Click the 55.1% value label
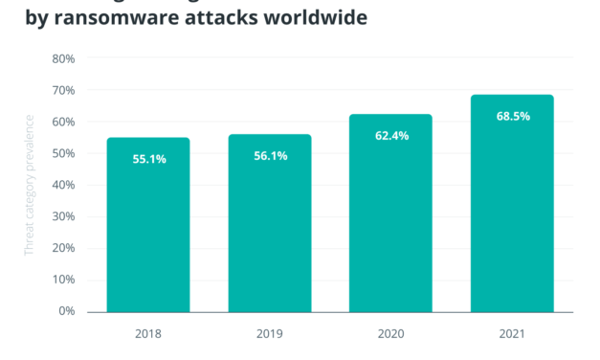pos(148,159)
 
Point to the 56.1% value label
pos(270,156)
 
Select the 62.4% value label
pos(390,136)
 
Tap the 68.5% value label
pos(512,117)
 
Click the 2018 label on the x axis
pos(148,335)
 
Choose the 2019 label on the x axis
pos(270,335)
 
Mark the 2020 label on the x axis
pos(390,335)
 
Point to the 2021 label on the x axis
pos(512,335)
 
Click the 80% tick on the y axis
pos(63,58)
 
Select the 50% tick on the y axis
pos(63,153)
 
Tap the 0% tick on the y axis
pos(67,311)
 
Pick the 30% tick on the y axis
pos(63,216)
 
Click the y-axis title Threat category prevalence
pos(30,184)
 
